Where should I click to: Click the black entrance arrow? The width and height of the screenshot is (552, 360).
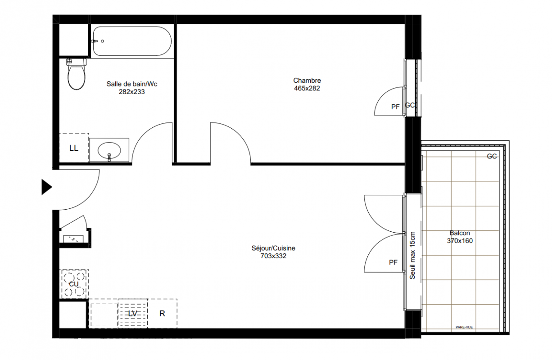pyautogui.click(x=46, y=187)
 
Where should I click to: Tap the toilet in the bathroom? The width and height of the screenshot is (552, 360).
pyautogui.click(x=77, y=74)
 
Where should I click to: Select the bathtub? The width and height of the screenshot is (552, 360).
pyautogui.click(x=132, y=41)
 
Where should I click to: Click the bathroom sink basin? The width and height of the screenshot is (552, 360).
pyautogui.click(x=109, y=150)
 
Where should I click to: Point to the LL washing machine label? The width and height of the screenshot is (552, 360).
pyautogui.click(x=74, y=148)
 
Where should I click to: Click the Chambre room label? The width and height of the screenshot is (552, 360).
pyautogui.click(x=307, y=81)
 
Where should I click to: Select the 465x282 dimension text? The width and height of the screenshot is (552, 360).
pyautogui.click(x=307, y=88)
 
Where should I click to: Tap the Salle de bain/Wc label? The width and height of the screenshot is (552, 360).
pyautogui.click(x=132, y=84)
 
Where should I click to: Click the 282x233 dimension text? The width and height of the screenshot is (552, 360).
pyautogui.click(x=131, y=92)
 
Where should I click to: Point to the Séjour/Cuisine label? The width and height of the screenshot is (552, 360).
pyautogui.click(x=273, y=248)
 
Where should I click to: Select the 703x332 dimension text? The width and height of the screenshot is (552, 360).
pyautogui.click(x=273, y=256)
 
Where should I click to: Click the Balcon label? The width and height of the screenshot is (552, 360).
pyautogui.click(x=460, y=233)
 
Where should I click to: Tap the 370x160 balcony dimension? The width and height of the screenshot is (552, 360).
pyautogui.click(x=460, y=241)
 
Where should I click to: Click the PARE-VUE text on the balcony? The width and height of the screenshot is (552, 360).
pyautogui.click(x=464, y=327)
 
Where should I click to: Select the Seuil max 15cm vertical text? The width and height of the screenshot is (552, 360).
pyautogui.click(x=412, y=255)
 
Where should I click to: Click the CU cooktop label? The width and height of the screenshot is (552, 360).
pyautogui.click(x=74, y=284)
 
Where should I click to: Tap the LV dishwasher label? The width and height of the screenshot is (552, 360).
pyautogui.click(x=132, y=314)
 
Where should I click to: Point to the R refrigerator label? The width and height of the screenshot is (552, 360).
pyautogui.click(x=162, y=314)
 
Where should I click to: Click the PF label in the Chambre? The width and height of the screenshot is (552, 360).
pyautogui.click(x=395, y=107)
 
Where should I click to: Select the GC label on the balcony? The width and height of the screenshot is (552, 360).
pyautogui.click(x=492, y=156)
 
